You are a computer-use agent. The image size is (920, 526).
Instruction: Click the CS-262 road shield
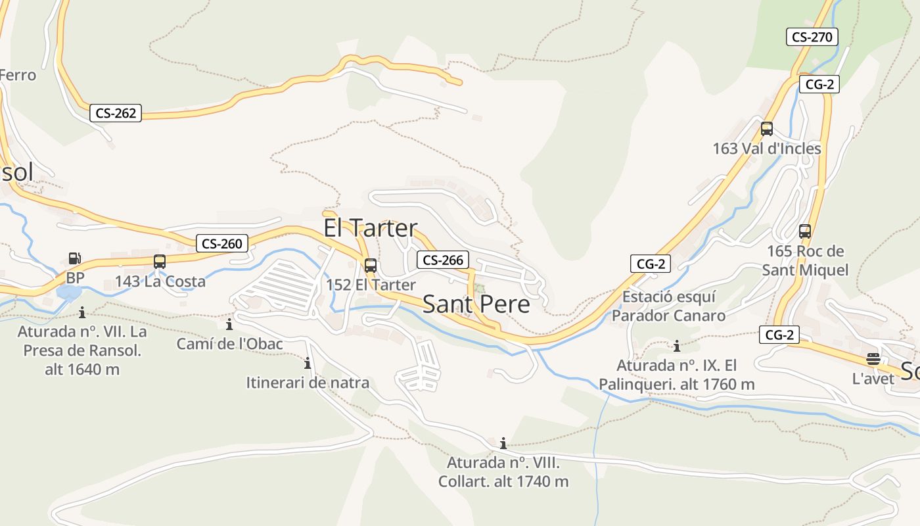pos(116,113)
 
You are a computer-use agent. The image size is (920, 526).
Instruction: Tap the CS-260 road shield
pos(222,244)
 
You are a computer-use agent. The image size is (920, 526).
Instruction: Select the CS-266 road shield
pos(443,260)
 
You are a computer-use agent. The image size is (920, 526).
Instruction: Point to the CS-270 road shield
pos(812,37)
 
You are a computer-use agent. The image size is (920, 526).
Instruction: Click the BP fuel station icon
pos(75,259)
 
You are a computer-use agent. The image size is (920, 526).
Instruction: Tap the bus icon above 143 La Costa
pos(160,262)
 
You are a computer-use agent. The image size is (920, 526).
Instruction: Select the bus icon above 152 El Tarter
pos(371,266)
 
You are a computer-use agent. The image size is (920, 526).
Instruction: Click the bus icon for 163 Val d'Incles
pos(767,129)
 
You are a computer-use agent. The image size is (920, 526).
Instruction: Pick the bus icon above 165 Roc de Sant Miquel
pos(805,231)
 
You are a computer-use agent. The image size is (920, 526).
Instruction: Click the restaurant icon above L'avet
pos(873,359)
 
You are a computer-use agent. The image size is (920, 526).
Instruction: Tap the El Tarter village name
pos(371,228)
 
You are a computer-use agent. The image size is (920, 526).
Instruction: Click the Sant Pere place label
pos(476,304)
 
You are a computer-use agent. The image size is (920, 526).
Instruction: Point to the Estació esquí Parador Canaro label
pos(669,306)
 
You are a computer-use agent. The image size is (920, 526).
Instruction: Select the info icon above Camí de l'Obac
pos(229,324)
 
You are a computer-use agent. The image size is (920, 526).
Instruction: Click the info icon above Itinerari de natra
pos(307,363)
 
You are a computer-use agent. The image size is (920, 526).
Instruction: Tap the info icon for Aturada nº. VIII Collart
pos(503,444)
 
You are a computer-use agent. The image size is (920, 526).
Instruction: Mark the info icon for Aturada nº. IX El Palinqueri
pos(676,346)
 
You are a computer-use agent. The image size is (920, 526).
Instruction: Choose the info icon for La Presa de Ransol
pos(82,312)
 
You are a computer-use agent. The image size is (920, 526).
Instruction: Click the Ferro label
pos(17,75)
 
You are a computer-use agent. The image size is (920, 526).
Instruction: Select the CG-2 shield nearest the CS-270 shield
pos(819,84)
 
